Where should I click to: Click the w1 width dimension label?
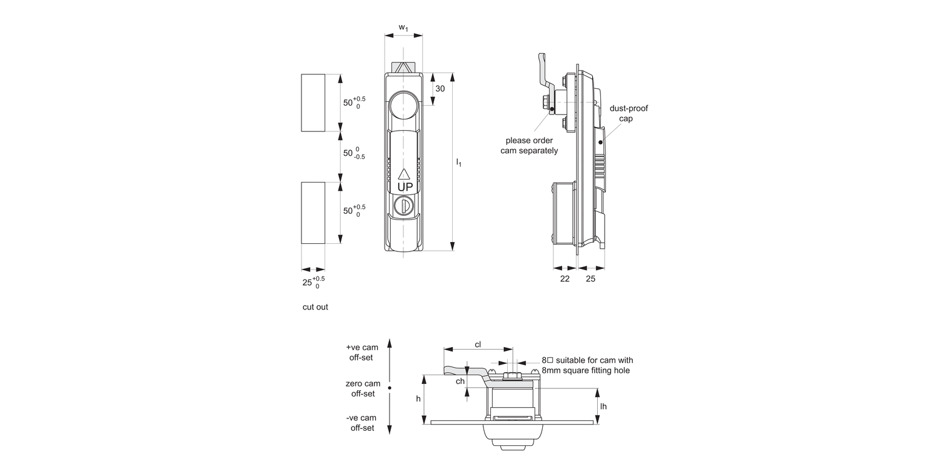pyautogui.click(x=403, y=28)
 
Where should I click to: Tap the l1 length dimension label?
pyautogui.click(x=459, y=163)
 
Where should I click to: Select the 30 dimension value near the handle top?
pyautogui.click(x=440, y=89)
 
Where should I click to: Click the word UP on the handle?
pyautogui.click(x=405, y=187)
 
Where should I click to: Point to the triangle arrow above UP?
pyautogui.click(x=404, y=174)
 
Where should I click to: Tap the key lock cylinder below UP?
pyautogui.click(x=403, y=205)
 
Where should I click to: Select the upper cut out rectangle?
pyautogui.click(x=313, y=103)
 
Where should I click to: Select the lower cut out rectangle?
pyautogui.click(x=313, y=213)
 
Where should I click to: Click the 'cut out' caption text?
pyautogui.click(x=315, y=307)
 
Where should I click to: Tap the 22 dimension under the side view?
pyautogui.click(x=564, y=279)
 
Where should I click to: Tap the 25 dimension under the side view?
pyautogui.click(x=590, y=279)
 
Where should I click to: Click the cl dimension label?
pyautogui.click(x=478, y=345)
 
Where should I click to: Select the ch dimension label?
pyautogui.click(x=460, y=381)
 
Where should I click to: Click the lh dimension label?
pyautogui.click(x=603, y=406)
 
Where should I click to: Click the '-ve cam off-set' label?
pyautogui.click(x=362, y=423)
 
